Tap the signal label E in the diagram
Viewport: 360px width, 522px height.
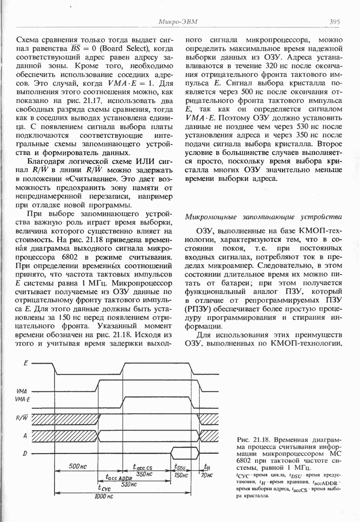point(26,363)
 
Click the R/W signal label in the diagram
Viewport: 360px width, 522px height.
point(21,418)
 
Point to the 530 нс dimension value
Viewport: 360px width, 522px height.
point(130,484)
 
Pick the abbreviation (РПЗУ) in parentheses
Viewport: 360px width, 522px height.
point(199,309)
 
